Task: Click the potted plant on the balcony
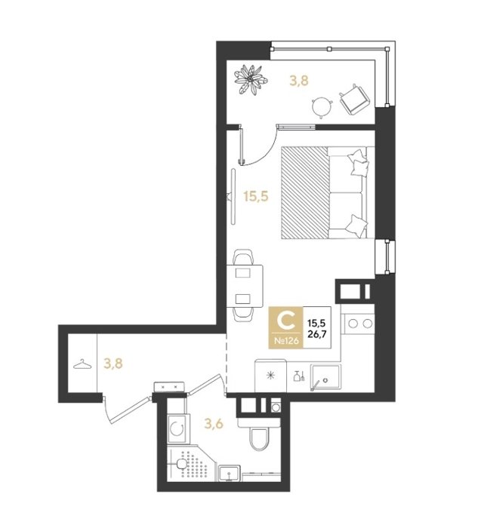click(x=251, y=79)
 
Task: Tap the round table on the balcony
click(x=322, y=107)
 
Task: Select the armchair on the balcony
click(x=355, y=99)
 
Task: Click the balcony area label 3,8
click(x=299, y=81)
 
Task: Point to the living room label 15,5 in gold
click(x=256, y=196)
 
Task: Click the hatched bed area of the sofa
click(x=305, y=192)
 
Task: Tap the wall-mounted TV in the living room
click(x=233, y=196)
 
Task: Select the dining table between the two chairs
click(x=245, y=286)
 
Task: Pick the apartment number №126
click(x=286, y=341)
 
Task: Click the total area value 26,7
click(x=316, y=334)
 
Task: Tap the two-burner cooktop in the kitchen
click(x=359, y=324)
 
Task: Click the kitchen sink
click(x=325, y=378)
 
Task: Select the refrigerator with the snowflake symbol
click(x=270, y=376)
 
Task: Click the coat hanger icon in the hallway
click(x=82, y=364)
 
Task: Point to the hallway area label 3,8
click(x=113, y=364)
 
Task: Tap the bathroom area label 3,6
click(x=214, y=424)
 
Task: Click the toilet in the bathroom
click(x=259, y=434)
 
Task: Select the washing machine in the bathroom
click(x=178, y=428)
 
